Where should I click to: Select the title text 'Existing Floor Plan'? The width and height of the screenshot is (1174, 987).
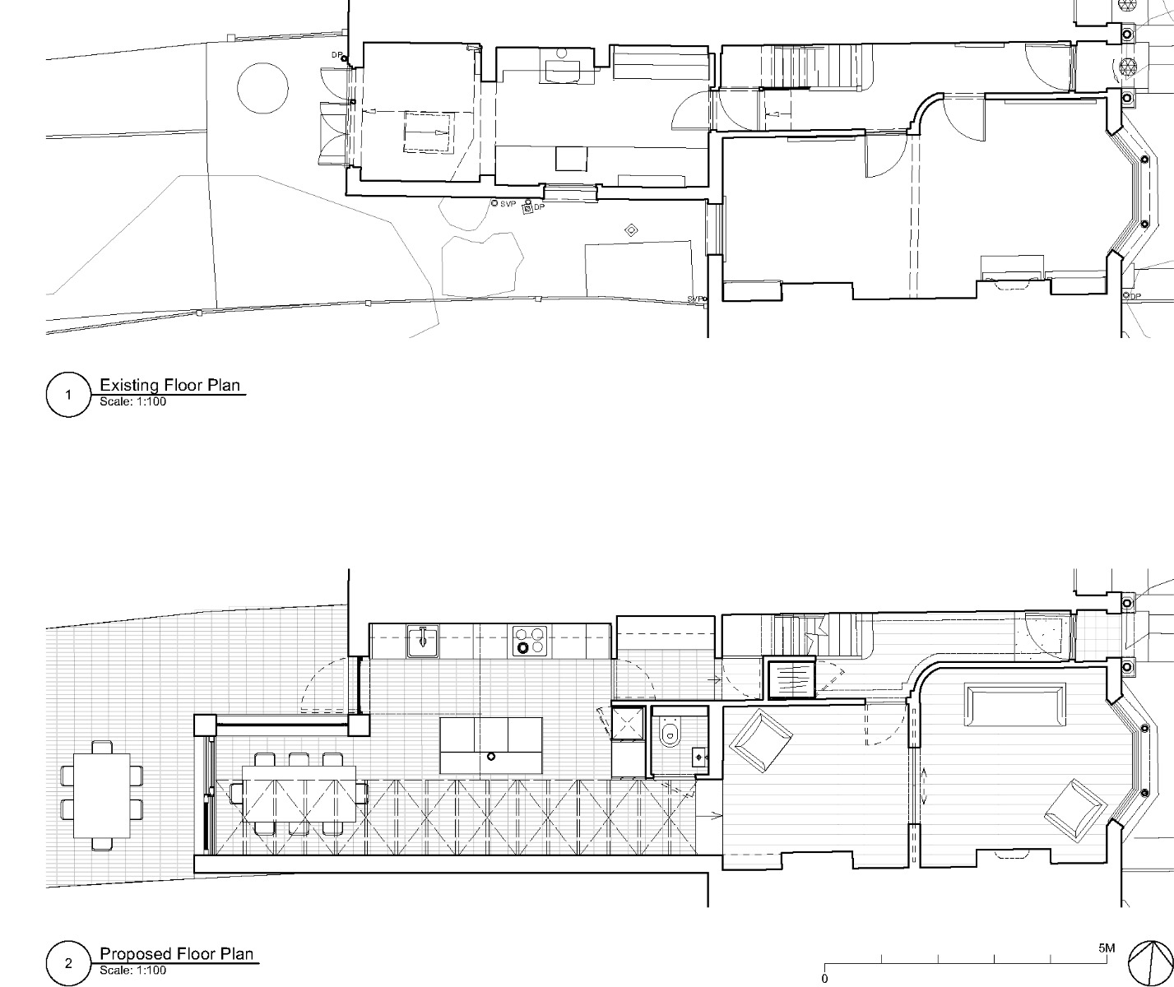(x=172, y=384)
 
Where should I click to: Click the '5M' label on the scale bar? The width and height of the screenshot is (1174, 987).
(x=1107, y=948)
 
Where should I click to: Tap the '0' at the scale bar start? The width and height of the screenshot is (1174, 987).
(x=824, y=979)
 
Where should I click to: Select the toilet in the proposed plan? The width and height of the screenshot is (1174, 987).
(x=668, y=734)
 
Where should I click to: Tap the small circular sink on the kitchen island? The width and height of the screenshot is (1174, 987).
(x=491, y=756)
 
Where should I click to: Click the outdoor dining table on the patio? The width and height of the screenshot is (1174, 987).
(x=102, y=796)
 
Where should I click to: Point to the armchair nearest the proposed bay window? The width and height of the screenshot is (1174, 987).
(x=1074, y=810)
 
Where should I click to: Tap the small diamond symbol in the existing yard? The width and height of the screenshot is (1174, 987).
(x=631, y=230)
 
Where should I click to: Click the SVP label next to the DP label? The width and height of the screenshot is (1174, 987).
(x=508, y=204)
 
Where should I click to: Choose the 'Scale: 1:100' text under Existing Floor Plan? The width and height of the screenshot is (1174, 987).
(x=132, y=402)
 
